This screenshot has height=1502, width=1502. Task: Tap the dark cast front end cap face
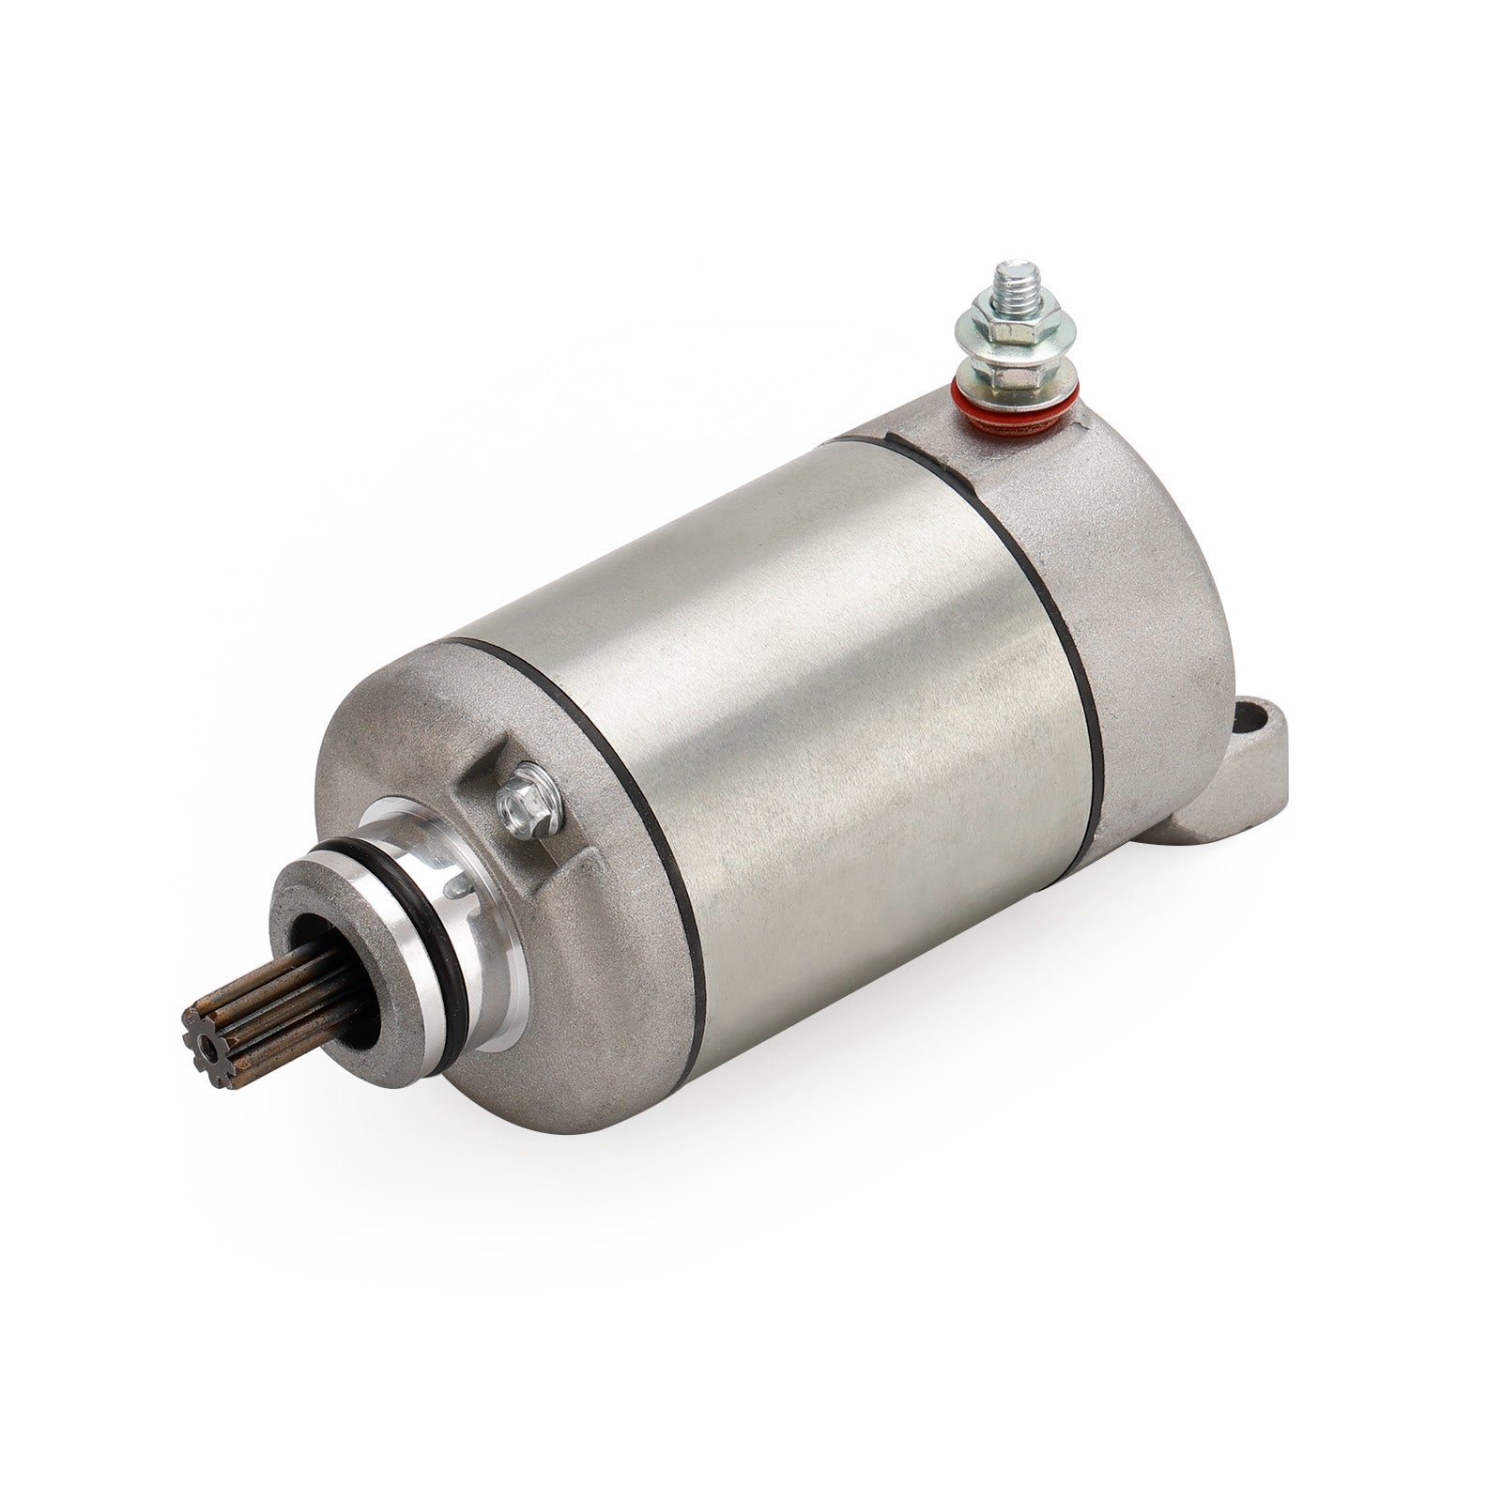tap(394, 742)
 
